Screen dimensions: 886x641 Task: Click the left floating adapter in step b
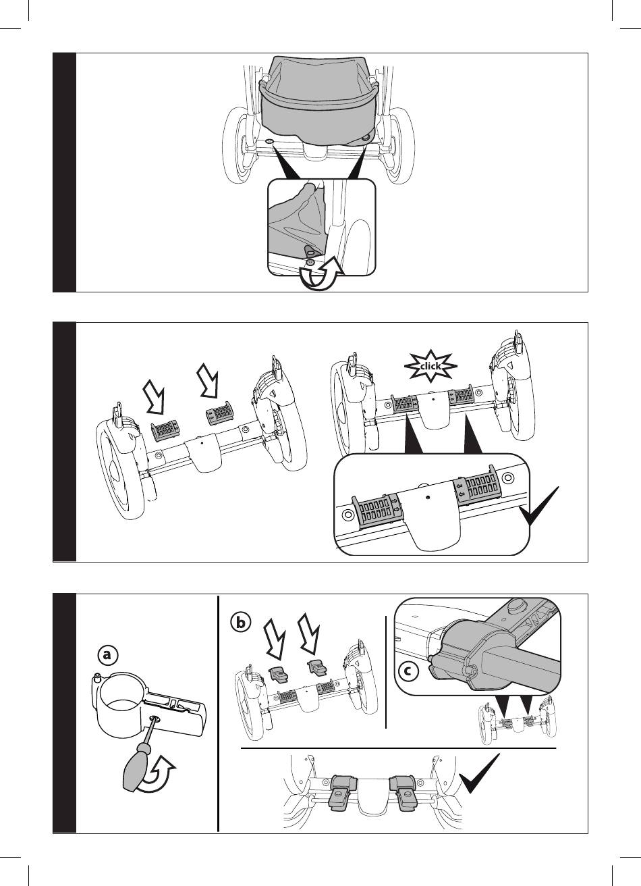(x=278, y=673)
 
